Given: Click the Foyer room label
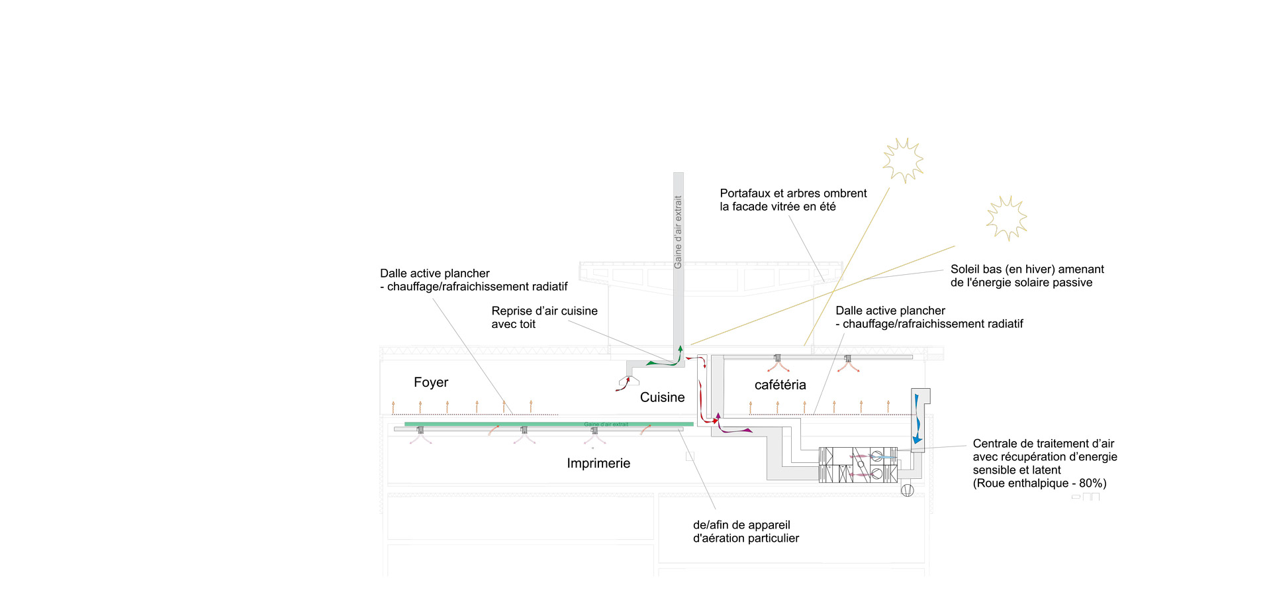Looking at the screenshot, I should [x=431, y=382].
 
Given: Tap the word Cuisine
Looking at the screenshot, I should [x=662, y=397].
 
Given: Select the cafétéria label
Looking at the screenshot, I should [x=780, y=385].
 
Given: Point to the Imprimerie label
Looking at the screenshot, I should [x=598, y=464].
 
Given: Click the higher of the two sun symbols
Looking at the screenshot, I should [x=903, y=160].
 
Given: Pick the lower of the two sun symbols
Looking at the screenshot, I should [x=1006, y=218].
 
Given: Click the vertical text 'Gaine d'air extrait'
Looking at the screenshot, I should [x=678, y=232].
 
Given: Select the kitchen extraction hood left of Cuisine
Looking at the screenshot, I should [x=628, y=381].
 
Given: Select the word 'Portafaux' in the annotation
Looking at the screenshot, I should [x=745, y=193].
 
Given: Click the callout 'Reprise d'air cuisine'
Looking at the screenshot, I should [x=544, y=311].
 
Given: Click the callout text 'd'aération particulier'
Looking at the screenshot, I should [x=745, y=538].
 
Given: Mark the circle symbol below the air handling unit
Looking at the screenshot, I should [x=908, y=490].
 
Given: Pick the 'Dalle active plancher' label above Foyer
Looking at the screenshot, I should [x=435, y=274].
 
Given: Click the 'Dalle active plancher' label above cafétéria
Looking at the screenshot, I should [x=890, y=311].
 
